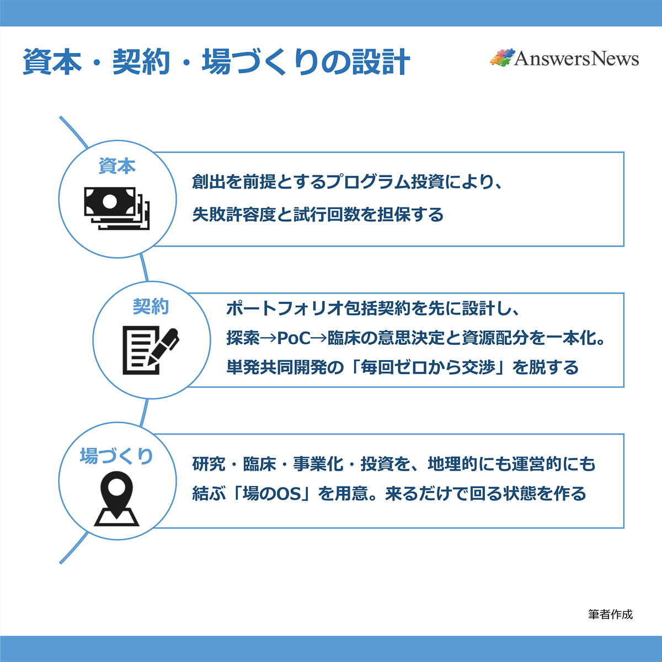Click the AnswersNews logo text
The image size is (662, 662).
coord(576,58)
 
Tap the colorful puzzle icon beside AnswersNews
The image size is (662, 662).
coord(501,58)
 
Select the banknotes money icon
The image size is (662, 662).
coord(116,208)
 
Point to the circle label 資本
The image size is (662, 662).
coord(117,166)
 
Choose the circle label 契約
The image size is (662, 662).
coord(151,307)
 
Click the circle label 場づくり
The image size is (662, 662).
coord(116,456)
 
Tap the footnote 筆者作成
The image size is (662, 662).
coord(610,614)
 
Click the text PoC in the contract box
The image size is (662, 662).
coord(293,338)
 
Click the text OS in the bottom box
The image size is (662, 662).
coord(289,493)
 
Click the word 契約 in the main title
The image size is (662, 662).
coord(141,62)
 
